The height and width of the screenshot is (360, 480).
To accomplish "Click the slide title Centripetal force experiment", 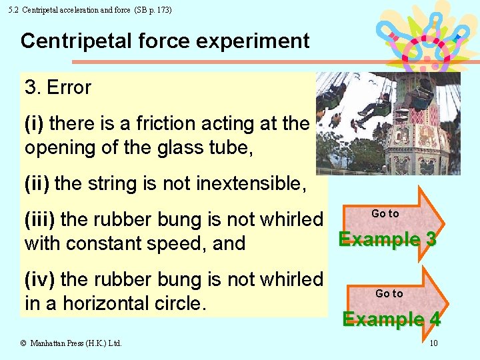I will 165,41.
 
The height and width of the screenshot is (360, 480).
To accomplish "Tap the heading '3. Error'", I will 58,87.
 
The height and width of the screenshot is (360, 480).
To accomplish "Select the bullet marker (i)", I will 34,123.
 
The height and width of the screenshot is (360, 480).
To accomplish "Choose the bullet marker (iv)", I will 40,279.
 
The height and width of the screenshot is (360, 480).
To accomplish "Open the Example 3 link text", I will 387,239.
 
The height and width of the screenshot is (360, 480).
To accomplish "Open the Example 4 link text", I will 391,319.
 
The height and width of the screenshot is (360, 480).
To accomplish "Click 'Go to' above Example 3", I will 385,213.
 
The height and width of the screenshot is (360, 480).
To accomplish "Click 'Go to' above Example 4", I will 389,293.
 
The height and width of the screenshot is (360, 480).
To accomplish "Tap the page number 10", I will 433,343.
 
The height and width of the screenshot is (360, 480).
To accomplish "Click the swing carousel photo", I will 387,123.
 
